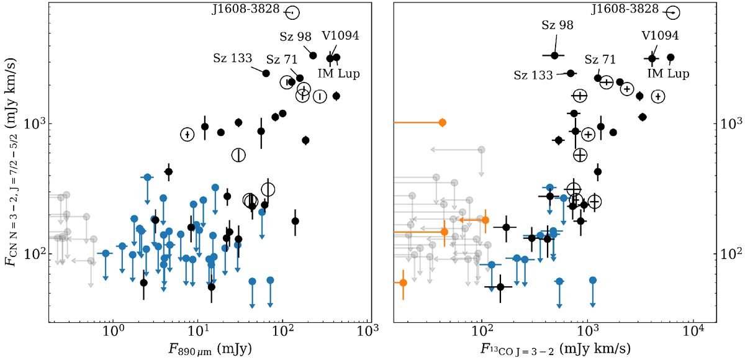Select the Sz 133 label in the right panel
click(534, 75)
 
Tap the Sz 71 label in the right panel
click(600, 60)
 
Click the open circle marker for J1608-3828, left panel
click(293, 12)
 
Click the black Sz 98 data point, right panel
click(554, 55)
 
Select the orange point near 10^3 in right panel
click(442, 122)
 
